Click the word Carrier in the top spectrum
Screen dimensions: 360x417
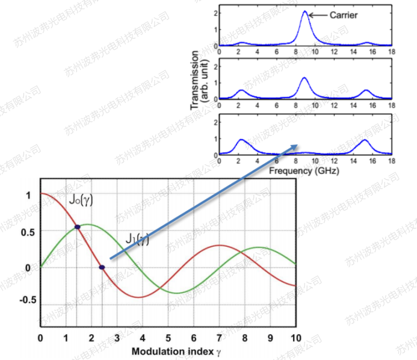tap(344, 14)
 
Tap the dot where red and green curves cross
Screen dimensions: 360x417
tap(78, 227)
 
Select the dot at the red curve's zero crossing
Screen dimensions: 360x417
tap(102, 267)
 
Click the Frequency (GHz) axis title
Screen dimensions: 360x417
tap(304, 170)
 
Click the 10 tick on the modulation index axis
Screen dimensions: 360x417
tap(295, 338)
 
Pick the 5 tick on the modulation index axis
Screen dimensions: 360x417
tap(168, 338)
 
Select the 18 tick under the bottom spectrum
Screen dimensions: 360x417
tap(391, 161)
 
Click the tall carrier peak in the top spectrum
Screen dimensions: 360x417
tap(305, 13)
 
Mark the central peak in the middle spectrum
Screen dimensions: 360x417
tap(304, 78)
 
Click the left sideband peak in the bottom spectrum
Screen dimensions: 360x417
tap(241, 140)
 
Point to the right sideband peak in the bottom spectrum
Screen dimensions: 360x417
tap(365, 140)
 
